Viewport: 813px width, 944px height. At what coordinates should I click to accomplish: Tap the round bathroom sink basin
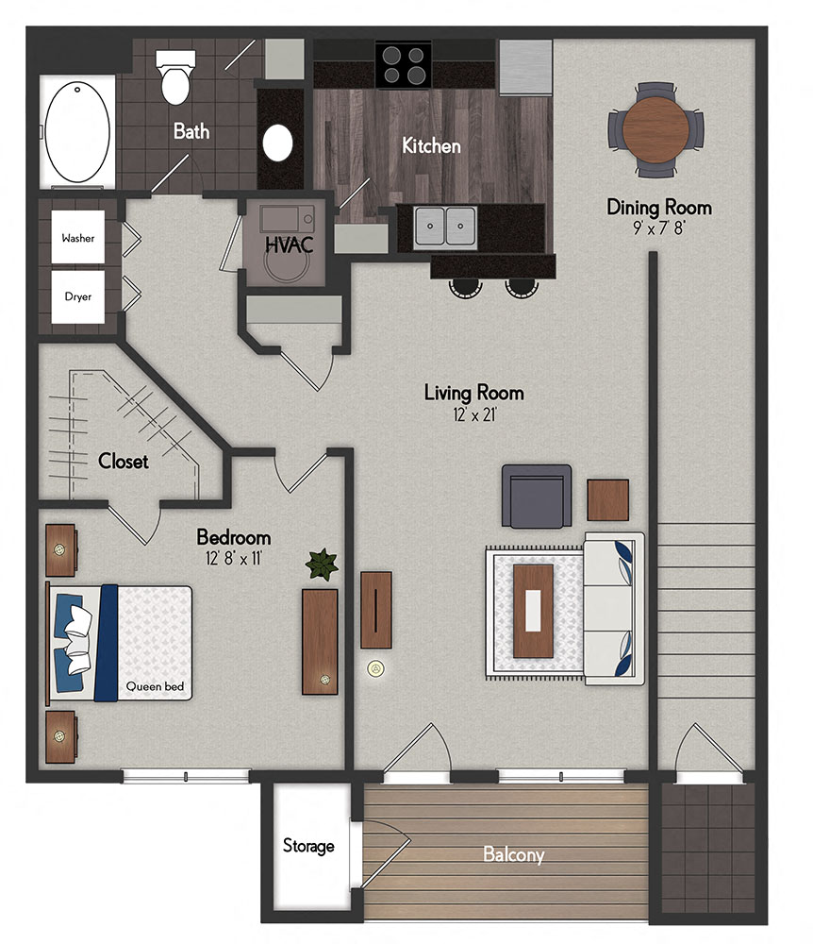tap(278, 143)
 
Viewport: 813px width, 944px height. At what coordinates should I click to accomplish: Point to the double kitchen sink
tap(445, 227)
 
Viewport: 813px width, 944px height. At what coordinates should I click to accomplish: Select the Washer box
tap(78, 239)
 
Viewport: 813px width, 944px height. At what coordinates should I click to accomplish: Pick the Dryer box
tap(78, 296)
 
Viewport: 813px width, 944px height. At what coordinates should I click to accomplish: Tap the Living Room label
tap(473, 393)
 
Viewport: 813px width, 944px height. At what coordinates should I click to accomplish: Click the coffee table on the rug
tap(533, 610)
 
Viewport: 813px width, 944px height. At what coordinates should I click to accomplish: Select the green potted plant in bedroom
tap(321, 565)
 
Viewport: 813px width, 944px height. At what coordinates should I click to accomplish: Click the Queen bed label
tap(153, 686)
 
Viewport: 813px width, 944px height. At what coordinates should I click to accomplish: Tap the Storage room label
tap(308, 846)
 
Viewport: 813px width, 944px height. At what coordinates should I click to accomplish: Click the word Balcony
tap(513, 855)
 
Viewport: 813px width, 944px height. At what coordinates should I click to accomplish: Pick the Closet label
tap(124, 462)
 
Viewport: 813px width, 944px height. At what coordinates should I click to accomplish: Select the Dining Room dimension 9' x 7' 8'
tap(658, 228)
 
